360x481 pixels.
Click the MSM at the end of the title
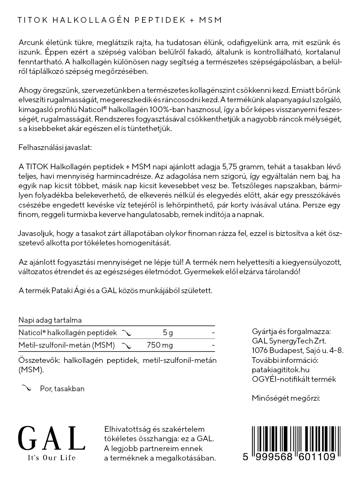pyautogui.click(x=211, y=20)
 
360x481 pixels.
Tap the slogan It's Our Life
pyautogui.click(x=52, y=458)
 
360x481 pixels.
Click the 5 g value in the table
pyautogui.click(x=167, y=333)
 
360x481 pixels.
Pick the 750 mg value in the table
pyautogui.click(x=160, y=345)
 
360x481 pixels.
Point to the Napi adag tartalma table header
pyautogui.click(x=50, y=320)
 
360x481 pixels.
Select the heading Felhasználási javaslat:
pyautogui.click(x=55, y=148)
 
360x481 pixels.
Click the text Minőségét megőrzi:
pyautogui.click(x=286, y=398)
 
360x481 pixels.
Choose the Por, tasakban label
pyautogui.click(x=62, y=389)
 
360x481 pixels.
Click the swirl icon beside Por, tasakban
pyautogui.click(x=27, y=388)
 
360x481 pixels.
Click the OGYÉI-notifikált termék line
pyautogui.click(x=294, y=379)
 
